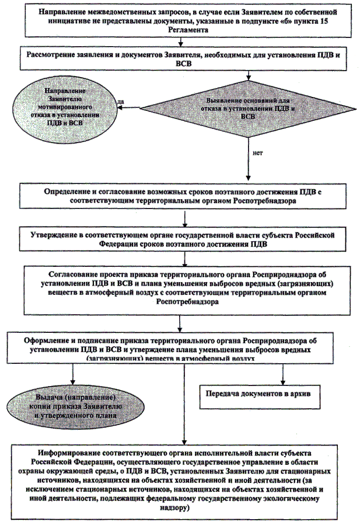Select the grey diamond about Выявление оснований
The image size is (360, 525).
(x=249, y=108)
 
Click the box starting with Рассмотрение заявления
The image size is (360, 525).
(x=183, y=59)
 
